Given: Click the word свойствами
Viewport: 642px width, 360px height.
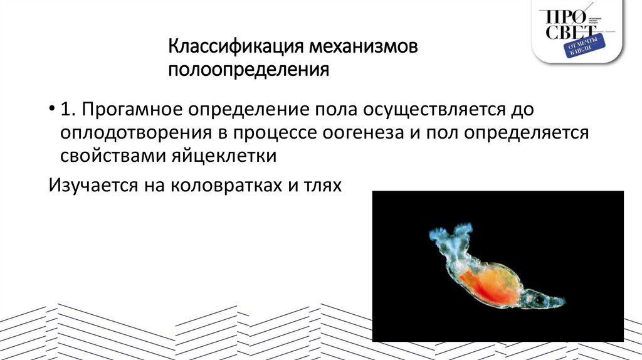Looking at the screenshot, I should (111, 156).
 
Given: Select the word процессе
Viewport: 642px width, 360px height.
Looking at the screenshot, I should (276, 132).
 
